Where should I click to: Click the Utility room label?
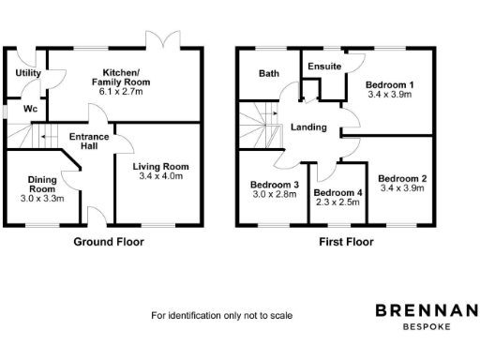26,72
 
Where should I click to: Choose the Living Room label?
161,167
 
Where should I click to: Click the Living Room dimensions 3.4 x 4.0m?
161,177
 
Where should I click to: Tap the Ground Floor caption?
109,242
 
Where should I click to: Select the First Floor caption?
344,242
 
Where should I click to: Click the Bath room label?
269,73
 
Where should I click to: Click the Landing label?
309,127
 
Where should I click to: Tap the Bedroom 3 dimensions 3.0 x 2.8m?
273,195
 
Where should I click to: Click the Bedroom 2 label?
401,177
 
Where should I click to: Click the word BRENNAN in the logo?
427,310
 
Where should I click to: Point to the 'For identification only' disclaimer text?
222,316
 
